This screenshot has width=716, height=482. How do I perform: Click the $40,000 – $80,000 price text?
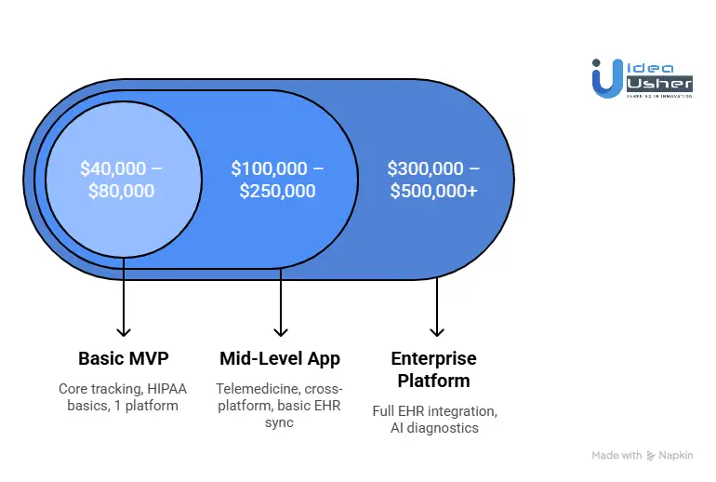click(x=122, y=180)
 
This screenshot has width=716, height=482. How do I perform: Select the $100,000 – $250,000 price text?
click(x=278, y=180)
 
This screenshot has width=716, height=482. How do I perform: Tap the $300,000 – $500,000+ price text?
click(x=434, y=180)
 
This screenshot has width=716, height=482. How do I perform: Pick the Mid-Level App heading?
click(x=280, y=358)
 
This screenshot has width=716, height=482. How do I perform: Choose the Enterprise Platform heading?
click(x=433, y=369)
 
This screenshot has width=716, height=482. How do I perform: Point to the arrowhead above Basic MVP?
click(x=123, y=330)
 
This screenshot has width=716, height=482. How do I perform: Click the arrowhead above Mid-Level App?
click(x=280, y=330)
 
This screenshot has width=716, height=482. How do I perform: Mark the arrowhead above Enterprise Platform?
click(x=436, y=330)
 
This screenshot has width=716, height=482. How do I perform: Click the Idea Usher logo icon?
click(x=604, y=77)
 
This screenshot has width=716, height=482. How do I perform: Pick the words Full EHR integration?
click(x=433, y=410)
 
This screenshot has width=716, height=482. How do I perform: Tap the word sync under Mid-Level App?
click(x=280, y=422)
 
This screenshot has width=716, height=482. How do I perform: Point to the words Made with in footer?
click(x=617, y=456)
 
